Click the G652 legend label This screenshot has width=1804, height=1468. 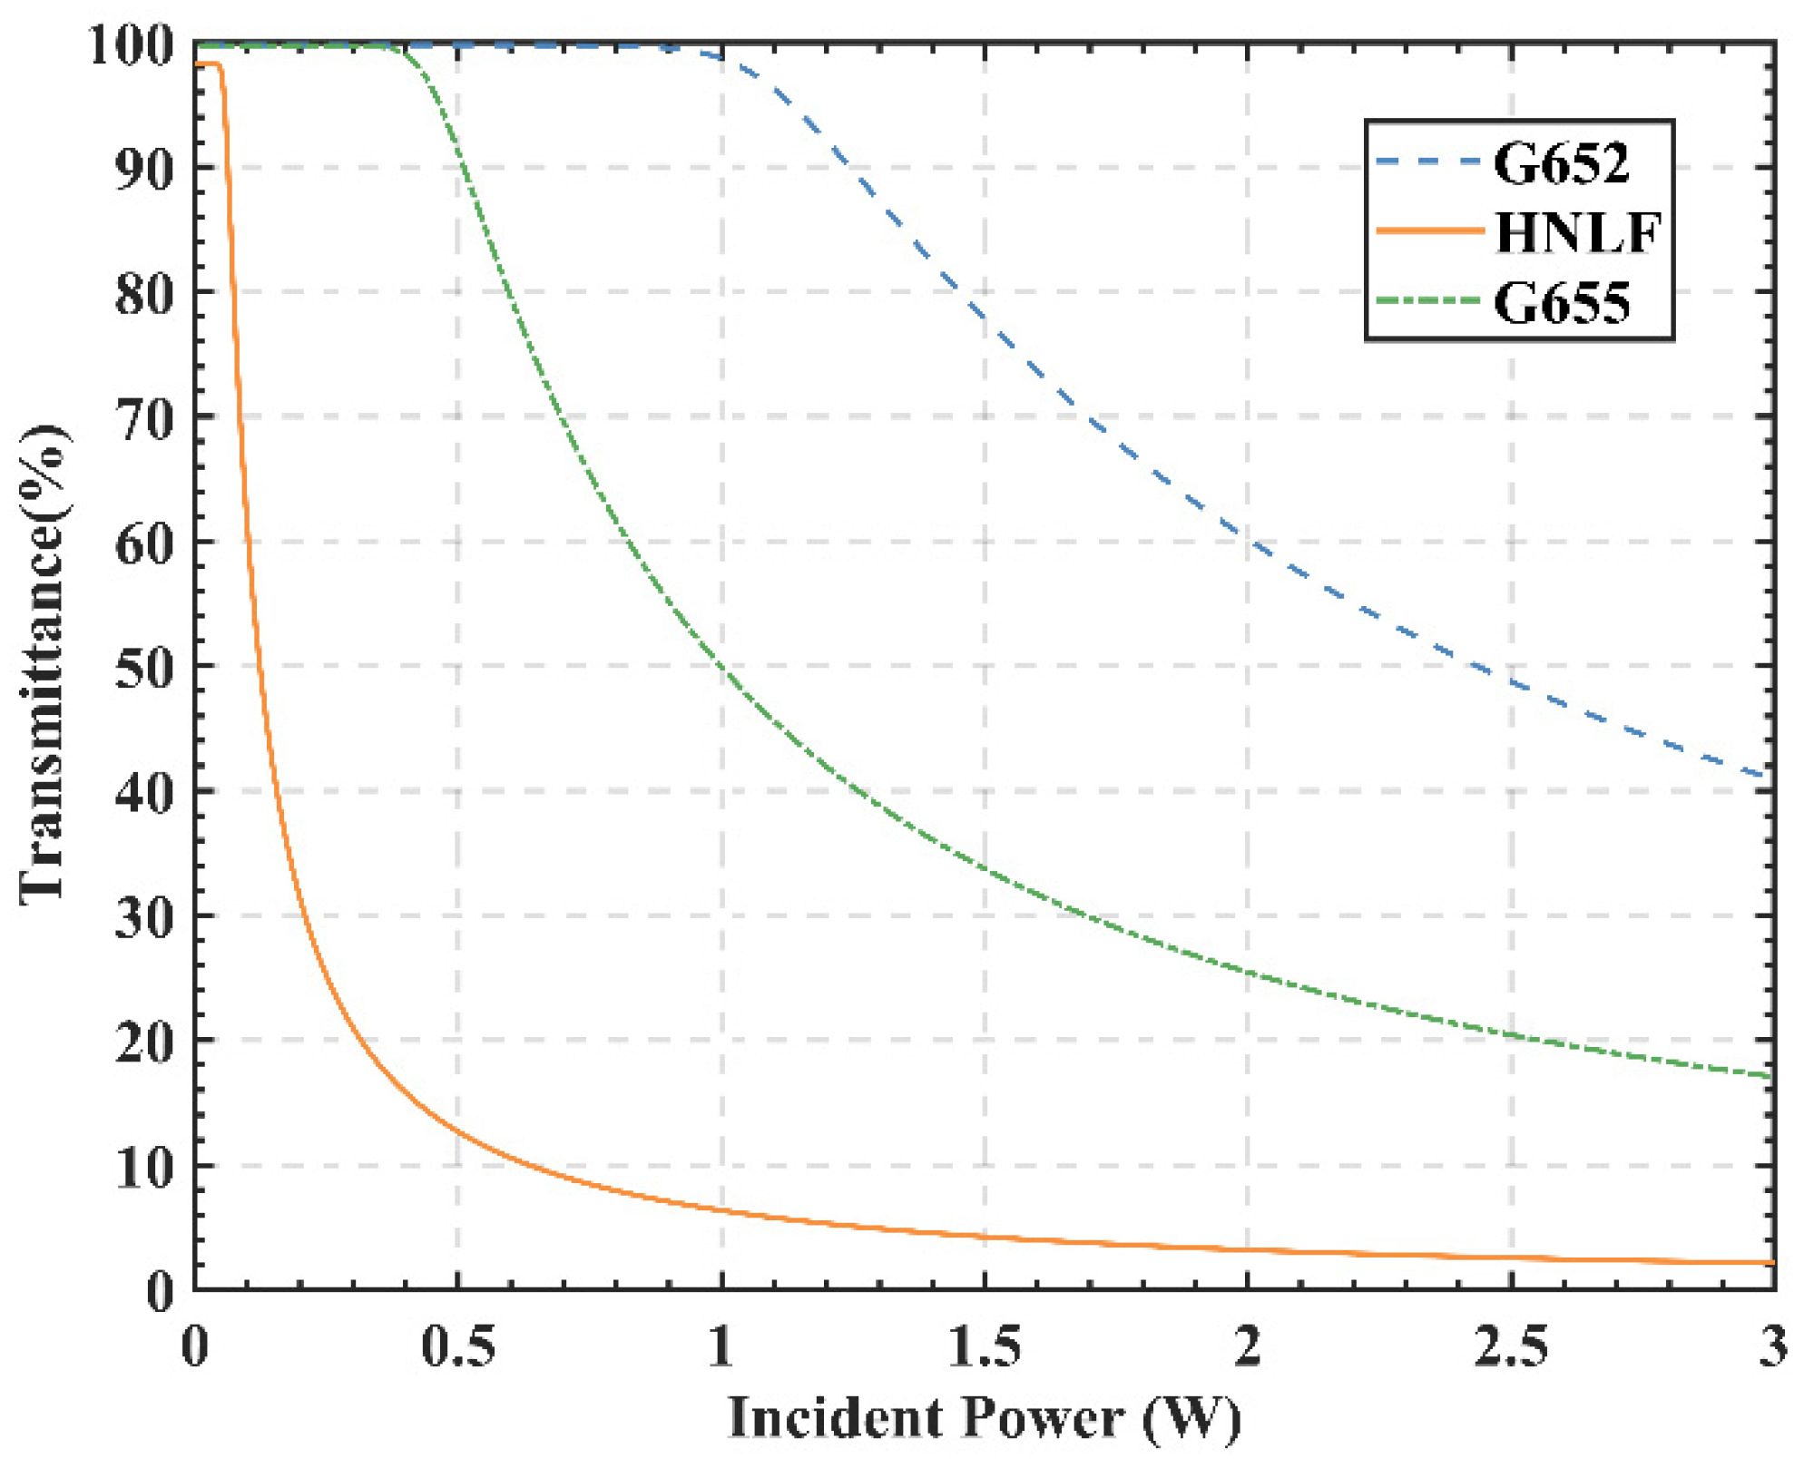tap(1561, 165)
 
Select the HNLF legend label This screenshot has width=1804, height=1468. tap(1577, 233)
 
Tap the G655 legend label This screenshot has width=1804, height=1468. tap(1561, 303)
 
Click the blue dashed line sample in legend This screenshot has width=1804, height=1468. tap(1428, 161)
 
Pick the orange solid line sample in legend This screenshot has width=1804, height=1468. tap(1428, 231)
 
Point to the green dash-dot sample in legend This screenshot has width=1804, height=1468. tap(1428, 301)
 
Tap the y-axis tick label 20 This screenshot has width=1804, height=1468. tap(144, 1043)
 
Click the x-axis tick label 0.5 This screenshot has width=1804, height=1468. tap(458, 1346)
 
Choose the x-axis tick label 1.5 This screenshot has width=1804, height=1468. tap(985, 1346)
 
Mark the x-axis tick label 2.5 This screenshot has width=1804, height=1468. tap(1511, 1346)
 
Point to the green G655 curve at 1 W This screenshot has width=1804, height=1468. tap(722, 667)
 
